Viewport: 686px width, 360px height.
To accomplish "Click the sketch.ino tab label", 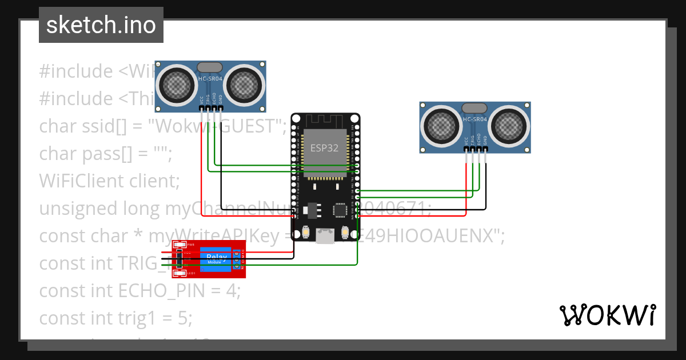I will pos(101,25).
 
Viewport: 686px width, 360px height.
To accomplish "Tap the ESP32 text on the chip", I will pos(324,147).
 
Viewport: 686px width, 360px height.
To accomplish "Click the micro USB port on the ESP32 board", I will pos(326,236).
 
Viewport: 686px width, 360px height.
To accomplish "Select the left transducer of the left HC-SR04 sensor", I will pos(178,86).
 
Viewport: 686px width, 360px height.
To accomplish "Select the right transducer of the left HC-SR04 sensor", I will pos(244,86).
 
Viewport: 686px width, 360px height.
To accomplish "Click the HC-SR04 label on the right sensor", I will pos(476,119).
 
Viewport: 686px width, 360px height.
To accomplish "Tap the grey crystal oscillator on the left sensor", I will pos(210,67).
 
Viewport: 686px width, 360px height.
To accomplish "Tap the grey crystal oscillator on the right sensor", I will pos(474,108).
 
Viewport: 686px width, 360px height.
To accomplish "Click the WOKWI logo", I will pos(607,315).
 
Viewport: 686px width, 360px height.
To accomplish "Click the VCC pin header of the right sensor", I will pos(466,150).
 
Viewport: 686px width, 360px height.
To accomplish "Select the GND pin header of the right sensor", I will pos(486,150).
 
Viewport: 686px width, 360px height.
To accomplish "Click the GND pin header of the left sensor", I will pos(221,108).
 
